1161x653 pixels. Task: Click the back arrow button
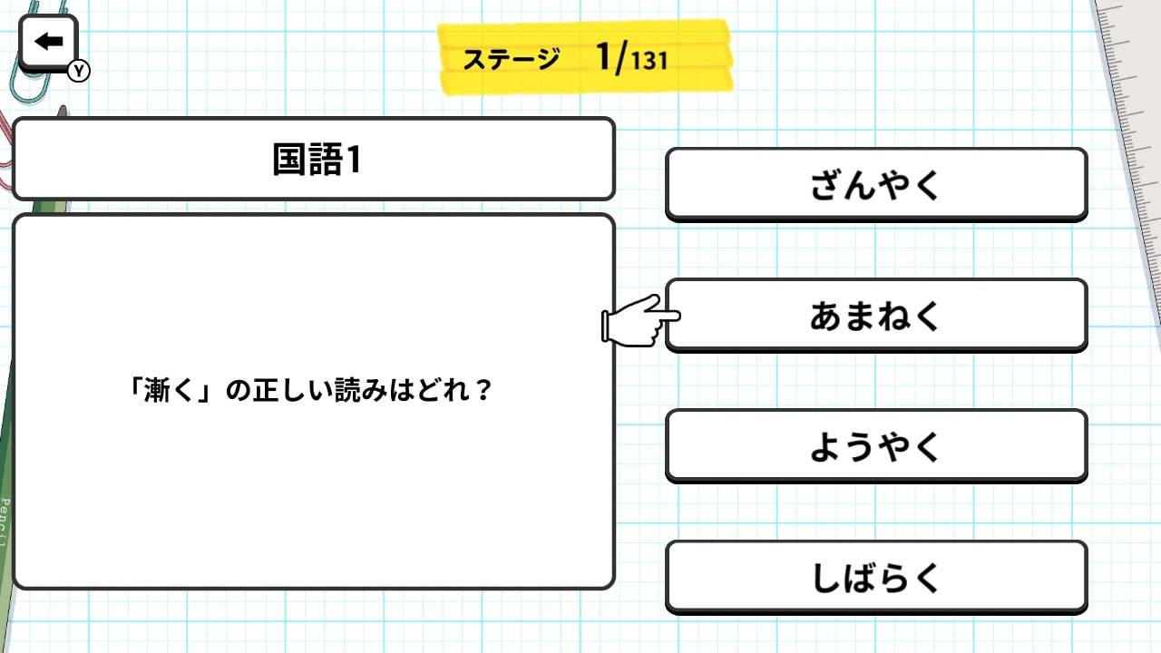[48, 42]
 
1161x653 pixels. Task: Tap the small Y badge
[79, 71]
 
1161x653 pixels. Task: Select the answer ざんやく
[875, 185]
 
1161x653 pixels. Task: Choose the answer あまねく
[875, 316]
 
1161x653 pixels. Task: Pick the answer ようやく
[875, 446]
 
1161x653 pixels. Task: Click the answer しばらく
[875, 577]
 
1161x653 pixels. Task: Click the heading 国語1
[316, 160]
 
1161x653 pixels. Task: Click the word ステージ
[512, 60]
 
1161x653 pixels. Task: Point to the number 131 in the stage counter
[649, 62]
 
